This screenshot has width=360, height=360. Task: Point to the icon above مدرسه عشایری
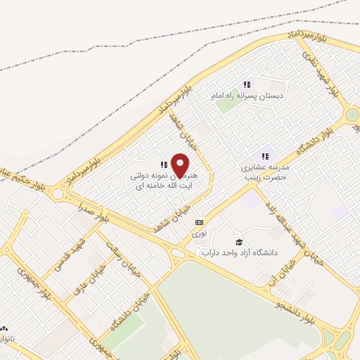pyautogui.click(x=265, y=157)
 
